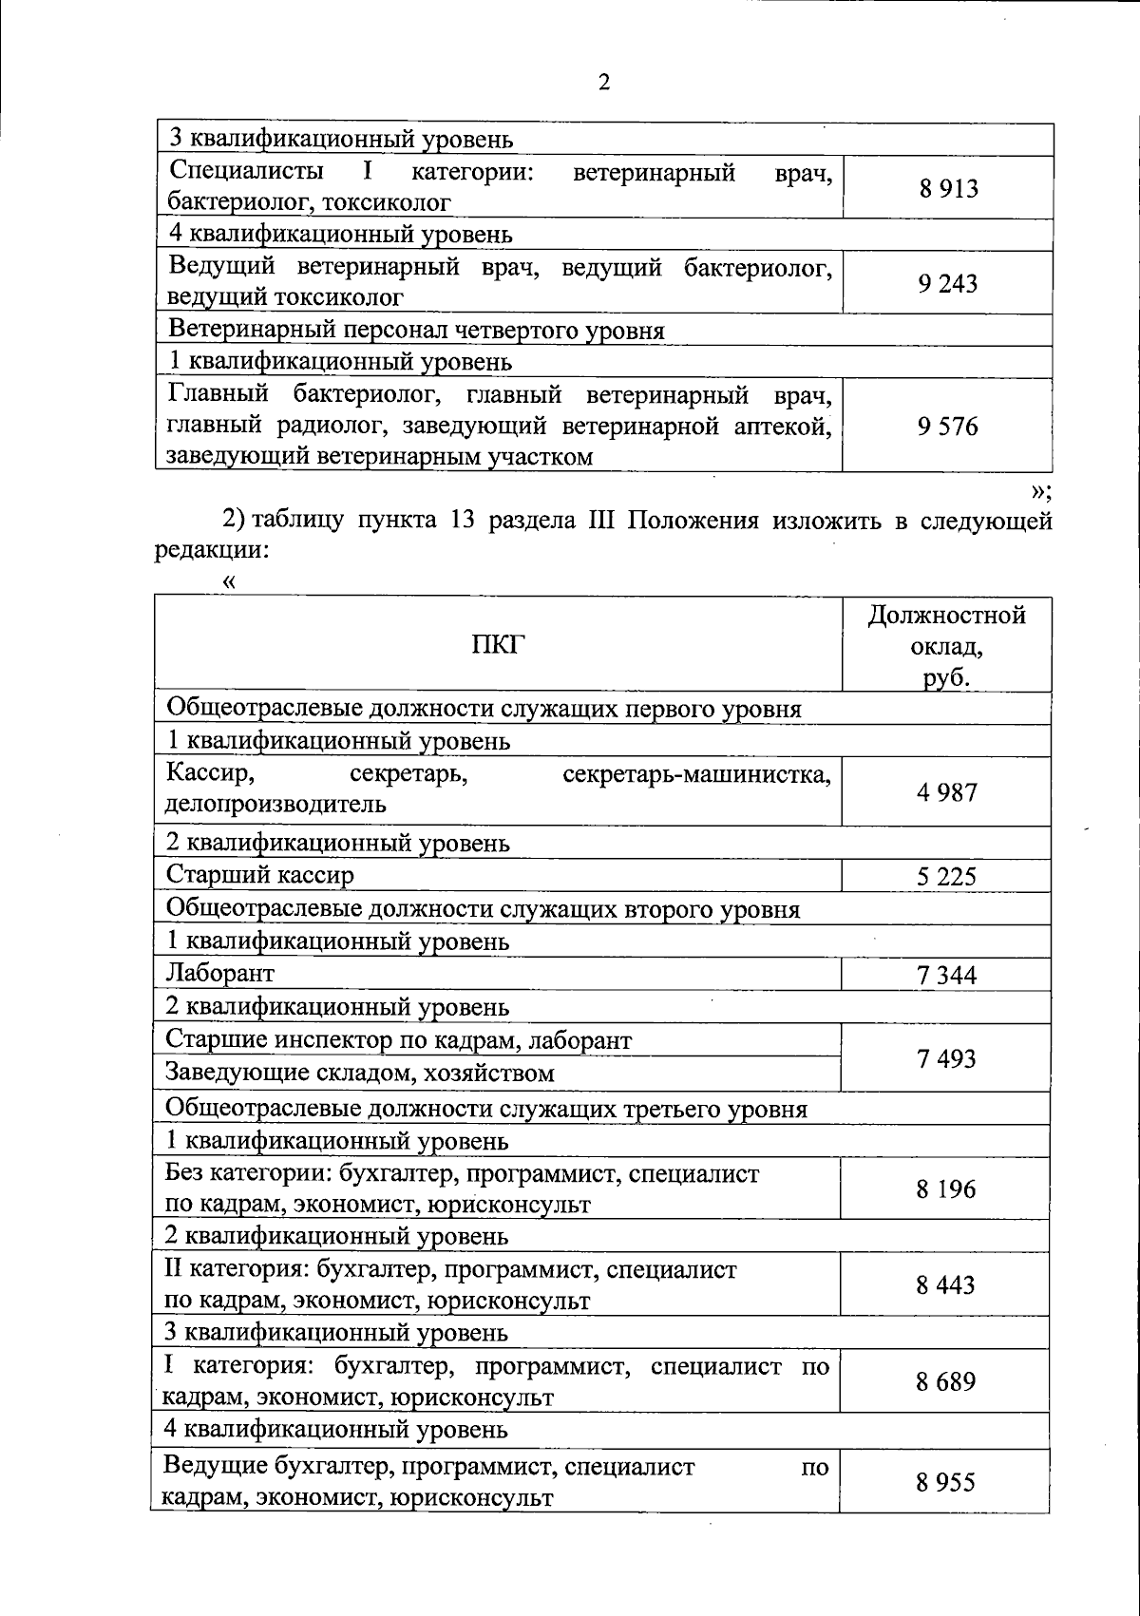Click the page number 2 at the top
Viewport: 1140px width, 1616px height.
(x=604, y=83)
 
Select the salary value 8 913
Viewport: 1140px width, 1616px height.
(x=947, y=188)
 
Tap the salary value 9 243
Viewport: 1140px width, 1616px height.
(x=947, y=283)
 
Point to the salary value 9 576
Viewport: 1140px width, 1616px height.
(x=947, y=427)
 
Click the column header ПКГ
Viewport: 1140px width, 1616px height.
(x=498, y=646)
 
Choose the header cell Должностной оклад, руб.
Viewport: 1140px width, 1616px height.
(x=946, y=646)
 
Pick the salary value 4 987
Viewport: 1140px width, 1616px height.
(x=946, y=792)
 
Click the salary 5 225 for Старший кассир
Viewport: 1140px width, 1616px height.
(x=946, y=876)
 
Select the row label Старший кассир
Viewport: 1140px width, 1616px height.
(x=260, y=875)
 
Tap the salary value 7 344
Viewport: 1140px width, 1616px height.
(x=946, y=975)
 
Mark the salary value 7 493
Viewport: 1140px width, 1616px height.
(x=946, y=1057)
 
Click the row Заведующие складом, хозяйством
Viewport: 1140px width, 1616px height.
(x=360, y=1074)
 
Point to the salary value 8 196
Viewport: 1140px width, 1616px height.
(x=946, y=1189)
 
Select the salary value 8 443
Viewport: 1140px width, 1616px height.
(x=946, y=1285)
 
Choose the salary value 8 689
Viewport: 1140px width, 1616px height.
(x=946, y=1381)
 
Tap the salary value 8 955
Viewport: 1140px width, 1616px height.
(x=946, y=1482)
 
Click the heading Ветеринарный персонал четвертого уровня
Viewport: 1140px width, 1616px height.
(x=416, y=331)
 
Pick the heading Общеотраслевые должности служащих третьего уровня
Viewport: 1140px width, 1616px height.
(x=486, y=1110)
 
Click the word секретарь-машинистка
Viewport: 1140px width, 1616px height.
(x=696, y=775)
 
